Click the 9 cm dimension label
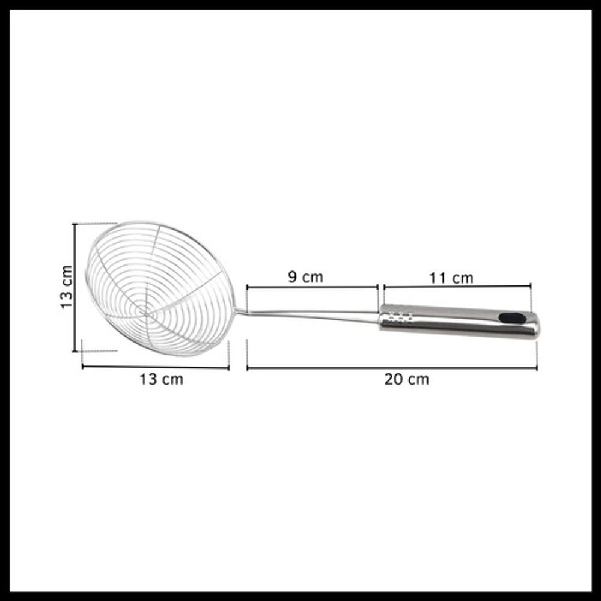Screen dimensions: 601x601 point(305,276)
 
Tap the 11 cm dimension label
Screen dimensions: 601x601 point(451,278)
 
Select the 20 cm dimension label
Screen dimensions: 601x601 point(406,379)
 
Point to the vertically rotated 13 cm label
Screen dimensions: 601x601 point(66,286)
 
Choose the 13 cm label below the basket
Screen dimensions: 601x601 point(161,379)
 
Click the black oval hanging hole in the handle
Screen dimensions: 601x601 point(513,318)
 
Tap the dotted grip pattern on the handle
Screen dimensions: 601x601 point(400,317)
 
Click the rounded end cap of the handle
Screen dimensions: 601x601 point(536,325)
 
